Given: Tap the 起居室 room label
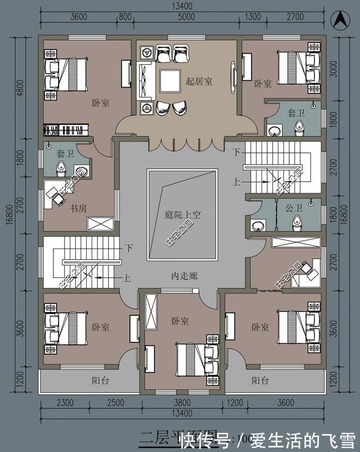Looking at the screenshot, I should tap(199, 82).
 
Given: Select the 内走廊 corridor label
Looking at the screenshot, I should tap(183, 277).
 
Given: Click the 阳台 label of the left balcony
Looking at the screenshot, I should tap(100, 381).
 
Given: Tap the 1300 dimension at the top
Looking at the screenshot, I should tap(254, 17).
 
